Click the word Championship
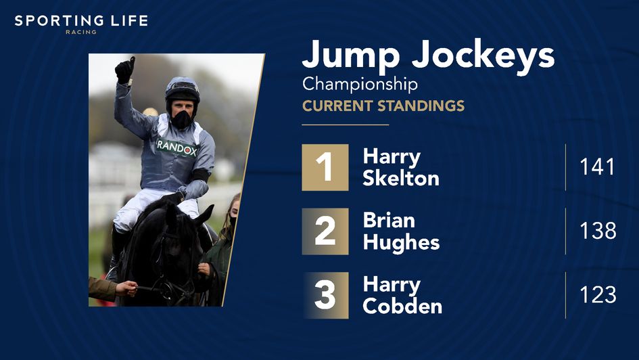360,85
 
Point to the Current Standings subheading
383,106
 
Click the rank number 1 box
325,167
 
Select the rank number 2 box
325,231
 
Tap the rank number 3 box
325,295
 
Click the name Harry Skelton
401,167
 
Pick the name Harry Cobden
402,295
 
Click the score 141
598,167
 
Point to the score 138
598,231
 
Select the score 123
598,295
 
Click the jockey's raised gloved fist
124,70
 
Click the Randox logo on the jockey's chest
176,148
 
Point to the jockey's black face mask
181,120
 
